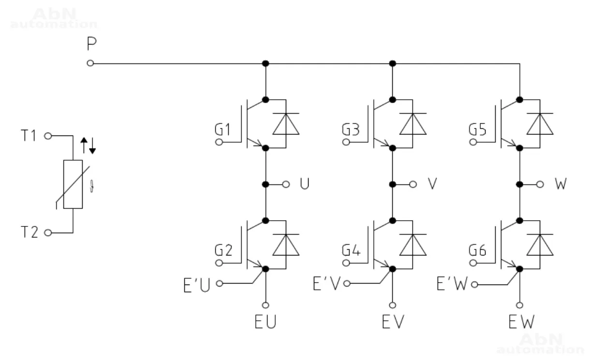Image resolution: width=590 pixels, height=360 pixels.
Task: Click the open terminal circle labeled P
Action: [90, 63]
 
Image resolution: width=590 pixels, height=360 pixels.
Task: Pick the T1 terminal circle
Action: [47, 136]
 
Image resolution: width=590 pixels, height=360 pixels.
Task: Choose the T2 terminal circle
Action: [47, 233]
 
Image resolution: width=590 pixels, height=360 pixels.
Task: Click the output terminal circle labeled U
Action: [286, 184]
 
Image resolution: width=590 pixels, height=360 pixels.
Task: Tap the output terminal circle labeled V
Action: [413, 184]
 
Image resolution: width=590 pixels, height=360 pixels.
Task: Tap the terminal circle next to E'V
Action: [346, 284]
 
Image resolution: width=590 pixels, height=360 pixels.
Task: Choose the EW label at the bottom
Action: [521, 322]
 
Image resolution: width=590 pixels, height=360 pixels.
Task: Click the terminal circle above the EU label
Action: [265, 305]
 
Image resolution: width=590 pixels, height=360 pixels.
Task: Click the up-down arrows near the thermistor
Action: [88, 144]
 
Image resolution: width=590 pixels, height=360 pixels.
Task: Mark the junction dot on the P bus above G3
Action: [393, 63]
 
